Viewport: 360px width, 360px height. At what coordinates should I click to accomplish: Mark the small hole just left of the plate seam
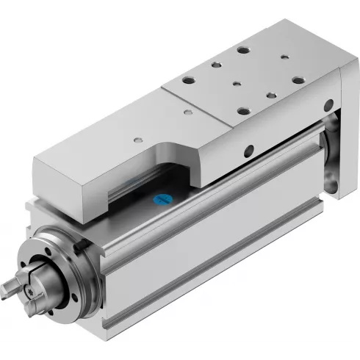(188, 110)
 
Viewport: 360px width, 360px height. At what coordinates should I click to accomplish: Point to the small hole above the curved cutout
(137, 137)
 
